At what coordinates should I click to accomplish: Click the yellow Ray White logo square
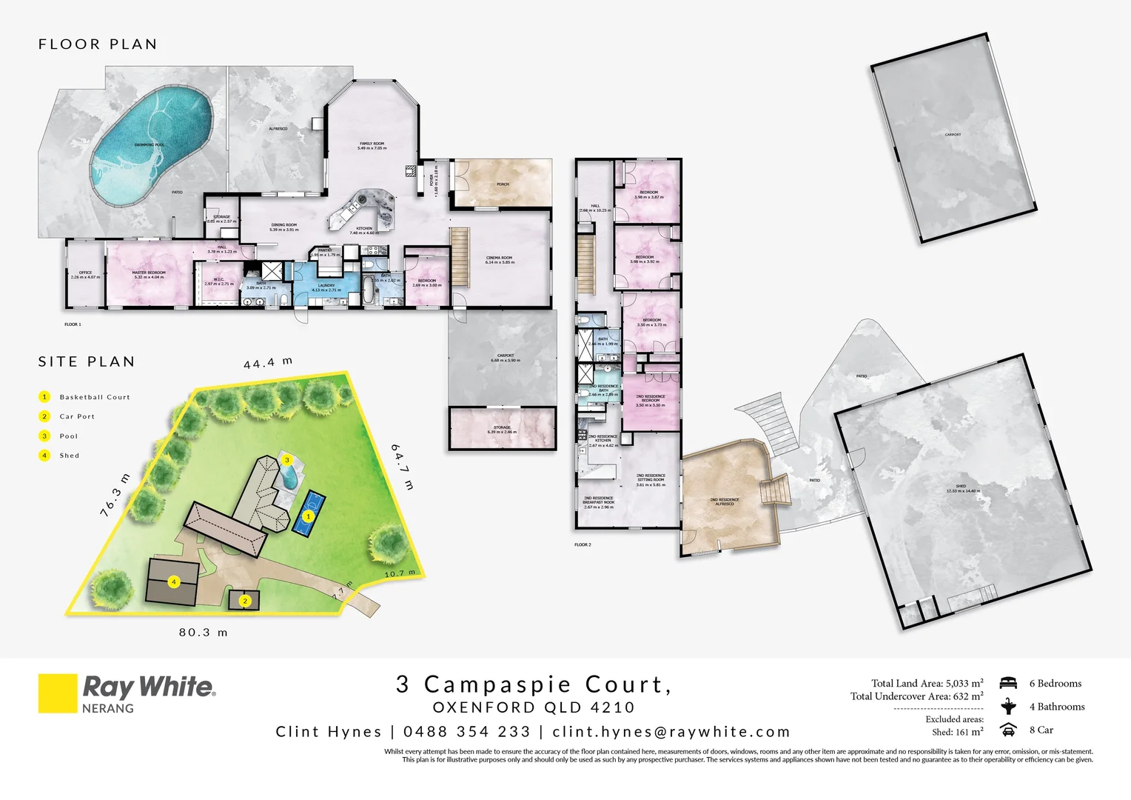coord(58,693)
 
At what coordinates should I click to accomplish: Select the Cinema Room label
coord(499,260)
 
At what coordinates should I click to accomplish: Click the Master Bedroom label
coord(149,275)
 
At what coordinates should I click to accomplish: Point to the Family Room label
coord(372,146)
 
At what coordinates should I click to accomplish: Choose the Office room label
coord(85,275)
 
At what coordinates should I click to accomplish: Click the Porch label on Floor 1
coord(503,184)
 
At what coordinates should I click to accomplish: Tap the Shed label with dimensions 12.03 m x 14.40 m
coord(960,488)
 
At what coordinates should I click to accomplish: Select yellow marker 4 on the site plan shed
coord(174,582)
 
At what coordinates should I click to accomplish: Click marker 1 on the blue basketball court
coord(309,516)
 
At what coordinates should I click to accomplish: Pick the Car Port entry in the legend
coord(77,417)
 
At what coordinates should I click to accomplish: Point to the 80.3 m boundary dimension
coord(203,633)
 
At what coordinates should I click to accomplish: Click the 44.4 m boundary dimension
coord(268,363)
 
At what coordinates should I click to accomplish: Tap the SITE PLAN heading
coord(87,362)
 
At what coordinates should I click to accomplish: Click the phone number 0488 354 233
coord(467,732)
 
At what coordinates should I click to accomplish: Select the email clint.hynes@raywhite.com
coord(671,732)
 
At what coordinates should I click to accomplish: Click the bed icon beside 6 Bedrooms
coord(1007,683)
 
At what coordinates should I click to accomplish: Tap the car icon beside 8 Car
coord(1007,730)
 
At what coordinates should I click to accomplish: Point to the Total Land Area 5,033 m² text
coord(927,683)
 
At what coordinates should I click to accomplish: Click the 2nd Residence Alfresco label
coord(724,501)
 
